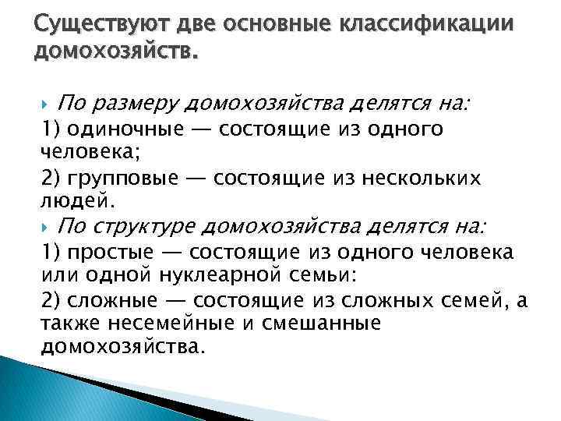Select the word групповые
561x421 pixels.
coord(120,179)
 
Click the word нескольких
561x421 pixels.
coord(415,179)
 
